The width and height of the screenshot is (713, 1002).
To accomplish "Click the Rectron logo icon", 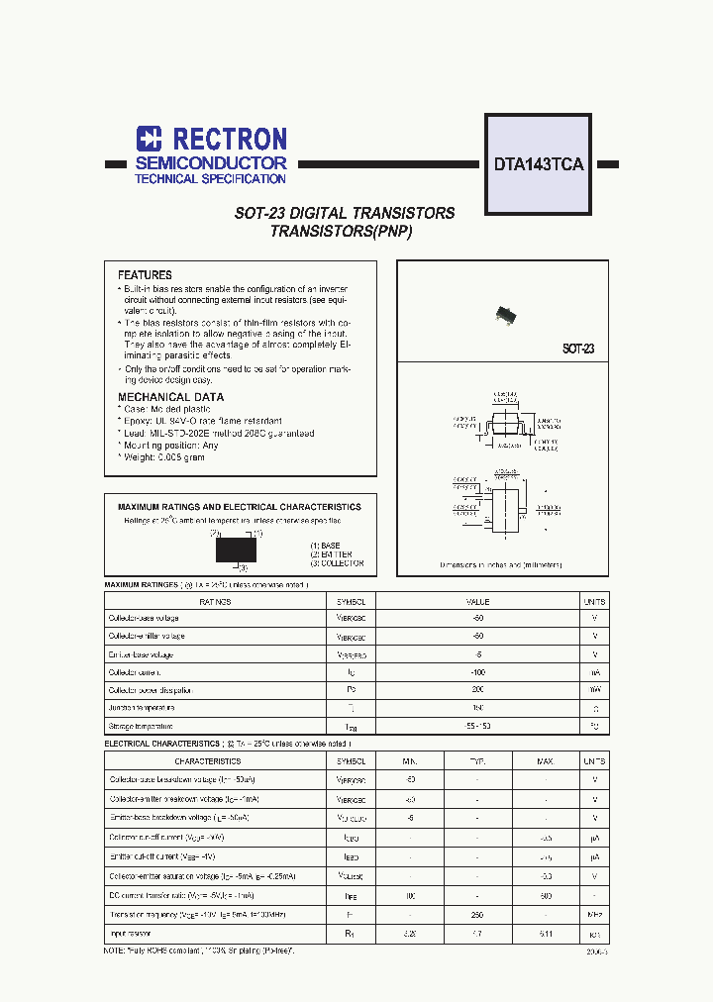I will tap(149, 139).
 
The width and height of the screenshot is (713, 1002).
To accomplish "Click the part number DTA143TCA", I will tap(539, 165).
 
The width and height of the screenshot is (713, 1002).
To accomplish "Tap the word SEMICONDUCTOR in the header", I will tap(211, 162).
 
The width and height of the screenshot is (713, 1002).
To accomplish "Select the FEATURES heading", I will tap(145, 275).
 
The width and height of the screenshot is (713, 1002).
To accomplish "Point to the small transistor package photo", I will tap(506, 315).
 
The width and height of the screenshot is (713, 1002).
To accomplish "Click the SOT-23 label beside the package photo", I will tap(578, 350).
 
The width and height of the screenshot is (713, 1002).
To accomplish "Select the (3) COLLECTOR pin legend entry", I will tap(337, 563).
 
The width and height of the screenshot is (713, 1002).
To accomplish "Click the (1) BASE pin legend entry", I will tap(324, 546).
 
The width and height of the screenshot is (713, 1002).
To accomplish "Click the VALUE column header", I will tap(478, 601).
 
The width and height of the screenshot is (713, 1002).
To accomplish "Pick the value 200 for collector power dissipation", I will tap(478, 690).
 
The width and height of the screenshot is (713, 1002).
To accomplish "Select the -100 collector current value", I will tap(478, 672).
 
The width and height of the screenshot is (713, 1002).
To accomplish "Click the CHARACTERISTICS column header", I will tap(208, 761).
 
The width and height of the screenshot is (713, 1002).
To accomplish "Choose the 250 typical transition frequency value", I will tap(476, 916).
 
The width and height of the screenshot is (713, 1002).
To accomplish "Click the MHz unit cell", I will tap(594, 916).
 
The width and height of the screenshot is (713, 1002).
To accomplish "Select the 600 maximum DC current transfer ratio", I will tap(545, 897).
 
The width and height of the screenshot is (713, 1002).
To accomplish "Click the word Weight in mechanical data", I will tap(138, 457).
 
